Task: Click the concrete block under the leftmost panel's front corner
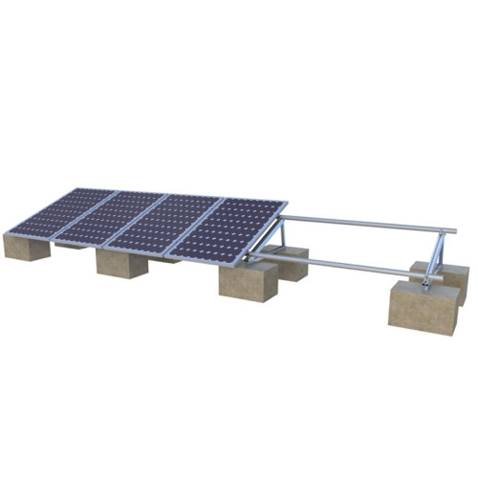(x=26, y=247)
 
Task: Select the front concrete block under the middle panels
(x=121, y=263)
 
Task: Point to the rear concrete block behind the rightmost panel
(x=287, y=262)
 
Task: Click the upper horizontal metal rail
(x=363, y=225)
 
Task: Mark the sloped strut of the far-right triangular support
(x=432, y=253)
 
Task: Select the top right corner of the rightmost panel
(x=285, y=203)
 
